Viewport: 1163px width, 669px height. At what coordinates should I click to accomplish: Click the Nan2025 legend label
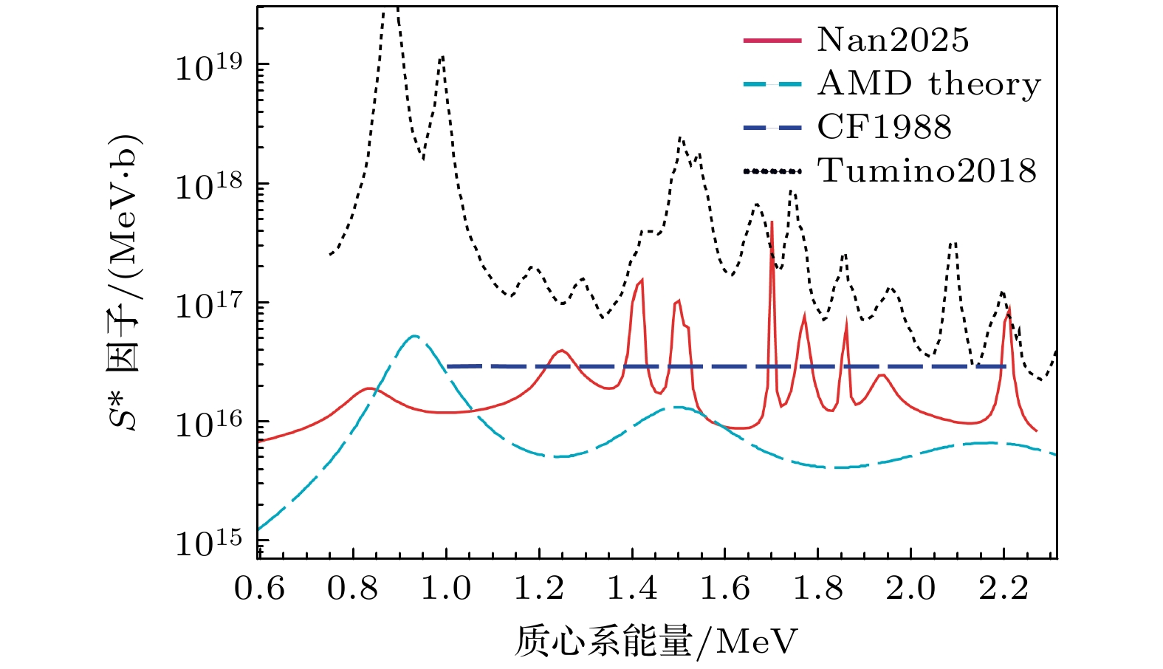pos(892,40)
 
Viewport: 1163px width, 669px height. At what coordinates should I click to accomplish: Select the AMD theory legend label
pos(929,84)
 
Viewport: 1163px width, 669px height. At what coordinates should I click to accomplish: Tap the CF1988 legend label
pos(884,128)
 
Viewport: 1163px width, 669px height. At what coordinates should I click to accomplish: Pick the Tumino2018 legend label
pos(927,171)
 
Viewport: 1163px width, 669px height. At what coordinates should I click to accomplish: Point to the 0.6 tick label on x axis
pos(259,589)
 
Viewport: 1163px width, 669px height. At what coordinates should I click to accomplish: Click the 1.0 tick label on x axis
pos(445,589)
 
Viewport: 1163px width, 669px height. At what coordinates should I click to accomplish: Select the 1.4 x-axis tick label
pos(631,589)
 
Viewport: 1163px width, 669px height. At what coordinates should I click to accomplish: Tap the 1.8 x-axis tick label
pos(817,589)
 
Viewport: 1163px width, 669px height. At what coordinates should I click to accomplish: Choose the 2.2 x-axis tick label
pos(1004,589)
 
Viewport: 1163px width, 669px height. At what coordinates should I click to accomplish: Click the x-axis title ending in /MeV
pos(656,641)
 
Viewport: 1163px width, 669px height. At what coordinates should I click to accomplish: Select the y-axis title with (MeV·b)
pos(123,283)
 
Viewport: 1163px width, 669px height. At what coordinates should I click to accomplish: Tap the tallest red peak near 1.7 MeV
pos(772,222)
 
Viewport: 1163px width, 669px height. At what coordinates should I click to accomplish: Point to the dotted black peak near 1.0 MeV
pos(442,56)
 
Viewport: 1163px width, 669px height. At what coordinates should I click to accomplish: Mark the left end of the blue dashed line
pos(448,366)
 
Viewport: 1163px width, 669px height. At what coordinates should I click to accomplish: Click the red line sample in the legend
pos(772,40)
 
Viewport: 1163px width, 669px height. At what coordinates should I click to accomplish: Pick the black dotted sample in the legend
pos(772,171)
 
